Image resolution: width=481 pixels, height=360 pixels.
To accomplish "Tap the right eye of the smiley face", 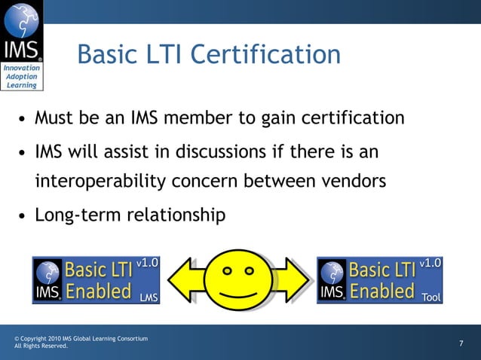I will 249,268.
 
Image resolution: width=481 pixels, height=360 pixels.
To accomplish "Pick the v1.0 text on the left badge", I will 147,263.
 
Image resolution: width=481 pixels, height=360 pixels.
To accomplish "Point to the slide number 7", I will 461,344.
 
